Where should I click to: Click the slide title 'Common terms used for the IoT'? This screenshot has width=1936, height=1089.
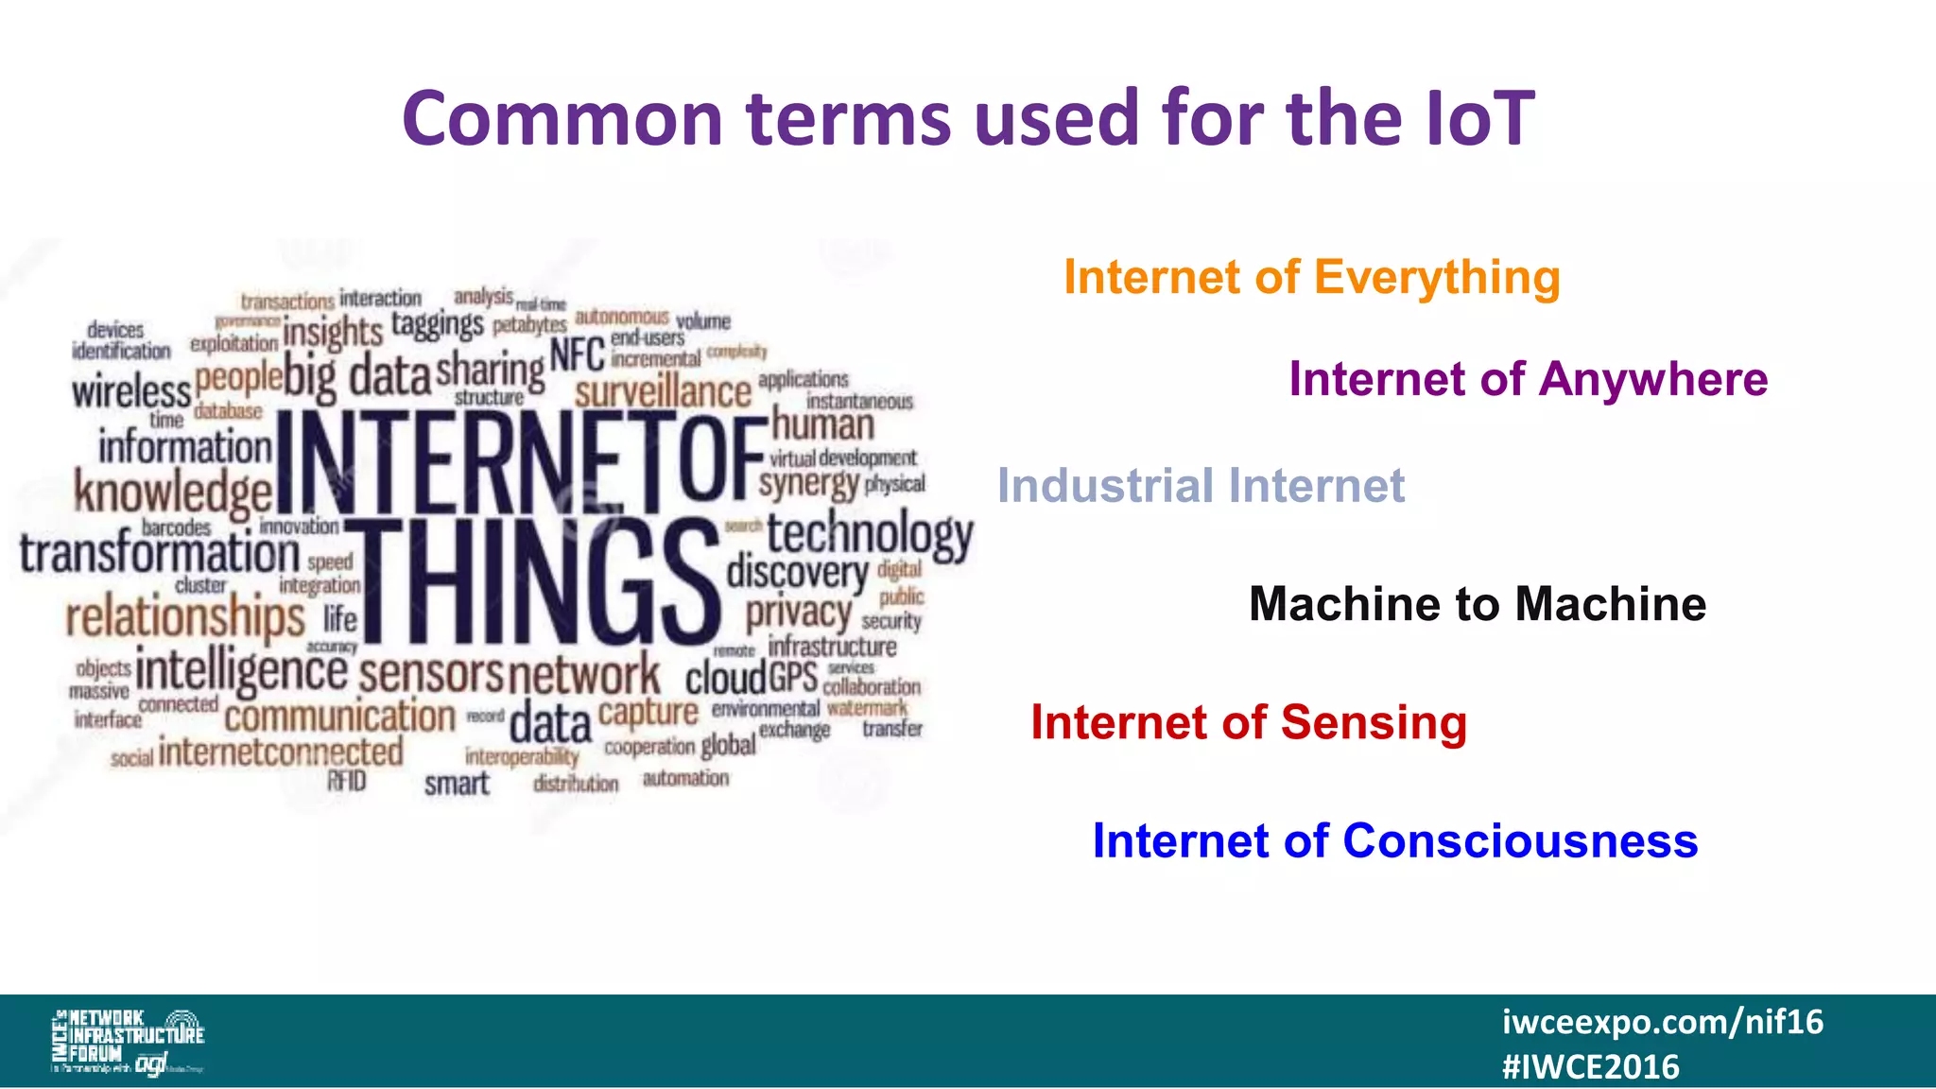[968, 119]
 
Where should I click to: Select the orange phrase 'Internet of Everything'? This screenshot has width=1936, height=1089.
[1311, 278]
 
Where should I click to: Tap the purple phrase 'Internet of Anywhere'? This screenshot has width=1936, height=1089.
[1528, 379]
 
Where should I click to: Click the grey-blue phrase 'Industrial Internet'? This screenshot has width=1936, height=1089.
[1201, 486]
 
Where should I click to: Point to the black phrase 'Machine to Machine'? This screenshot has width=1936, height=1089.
[1477, 604]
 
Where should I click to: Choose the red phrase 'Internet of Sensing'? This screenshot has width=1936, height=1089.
[1248, 722]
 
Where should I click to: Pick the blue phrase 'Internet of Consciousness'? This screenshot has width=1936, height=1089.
[1394, 840]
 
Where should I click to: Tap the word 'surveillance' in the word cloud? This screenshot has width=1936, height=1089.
[663, 391]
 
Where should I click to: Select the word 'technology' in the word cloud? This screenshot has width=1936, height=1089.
[869, 534]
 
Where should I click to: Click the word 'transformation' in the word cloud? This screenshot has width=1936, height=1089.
[160, 554]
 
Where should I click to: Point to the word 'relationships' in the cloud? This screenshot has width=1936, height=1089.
[185, 617]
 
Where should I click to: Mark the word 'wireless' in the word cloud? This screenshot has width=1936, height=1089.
[131, 390]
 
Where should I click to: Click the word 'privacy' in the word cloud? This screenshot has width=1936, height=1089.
[799, 613]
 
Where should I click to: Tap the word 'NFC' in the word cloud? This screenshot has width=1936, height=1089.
[577, 355]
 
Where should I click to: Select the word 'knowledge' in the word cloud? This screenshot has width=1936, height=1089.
[173, 493]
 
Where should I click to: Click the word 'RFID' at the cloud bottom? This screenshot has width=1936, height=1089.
[346, 781]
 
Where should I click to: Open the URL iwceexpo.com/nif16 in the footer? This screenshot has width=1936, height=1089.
[1662, 1022]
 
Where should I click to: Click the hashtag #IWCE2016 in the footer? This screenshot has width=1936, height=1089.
[1590, 1067]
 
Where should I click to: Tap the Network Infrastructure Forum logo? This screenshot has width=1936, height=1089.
[127, 1041]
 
